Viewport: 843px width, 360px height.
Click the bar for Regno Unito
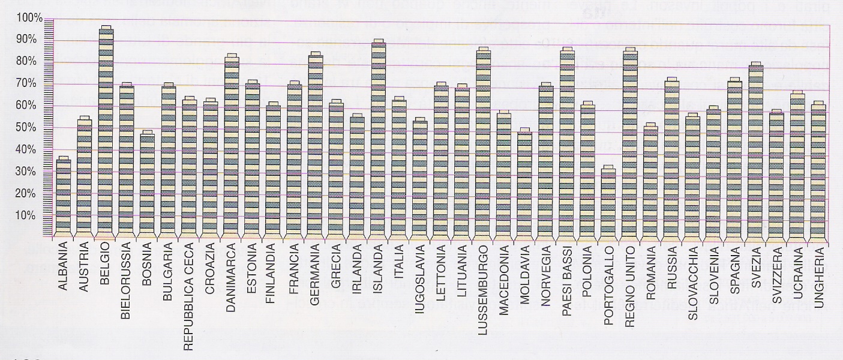629,143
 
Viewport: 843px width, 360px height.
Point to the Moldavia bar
524,183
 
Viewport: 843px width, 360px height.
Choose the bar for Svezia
755,150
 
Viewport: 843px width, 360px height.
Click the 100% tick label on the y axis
29,19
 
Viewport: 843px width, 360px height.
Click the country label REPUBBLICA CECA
190,296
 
